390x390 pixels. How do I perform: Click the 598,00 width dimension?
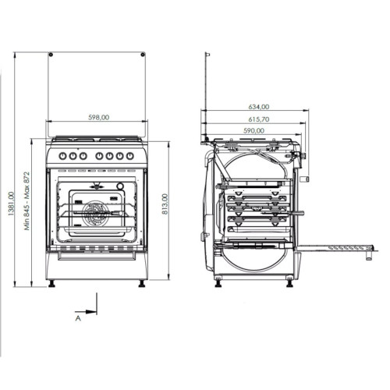[x=97, y=117]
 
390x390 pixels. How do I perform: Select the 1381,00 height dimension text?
[x=10, y=207]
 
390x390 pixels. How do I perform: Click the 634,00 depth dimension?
[x=259, y=106]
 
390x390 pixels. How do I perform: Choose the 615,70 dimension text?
[x=258, y=119]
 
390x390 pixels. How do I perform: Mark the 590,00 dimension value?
[x=254, y=131]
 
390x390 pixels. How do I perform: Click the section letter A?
[x=78, y=318]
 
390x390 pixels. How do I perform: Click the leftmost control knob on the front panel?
[x=62, y=155]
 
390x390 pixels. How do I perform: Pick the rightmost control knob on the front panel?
[x=130, y=155]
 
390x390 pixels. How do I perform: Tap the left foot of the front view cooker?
[x=52, y=282]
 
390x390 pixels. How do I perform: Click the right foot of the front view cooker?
[x=142, y=282]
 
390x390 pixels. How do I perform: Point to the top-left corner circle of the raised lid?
[x=50, y=55]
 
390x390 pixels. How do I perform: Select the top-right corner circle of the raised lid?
[x=144, y=55]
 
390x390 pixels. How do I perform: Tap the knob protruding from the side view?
[x=305, y=179]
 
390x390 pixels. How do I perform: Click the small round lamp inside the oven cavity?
[x=121, y=186]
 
